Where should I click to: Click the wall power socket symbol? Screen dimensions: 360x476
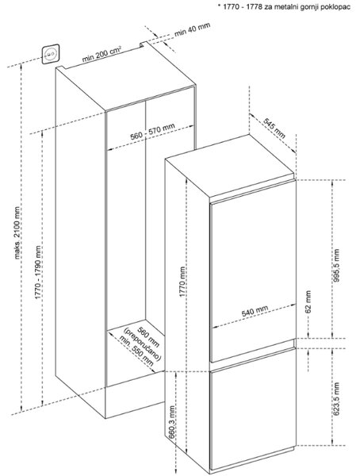point(51,54)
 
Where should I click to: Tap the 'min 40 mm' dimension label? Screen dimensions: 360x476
point(192,30)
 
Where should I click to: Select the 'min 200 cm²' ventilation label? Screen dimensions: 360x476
point(101,54)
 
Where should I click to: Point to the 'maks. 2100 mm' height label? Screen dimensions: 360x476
point(17,233)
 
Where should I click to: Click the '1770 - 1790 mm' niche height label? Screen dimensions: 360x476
point(38,272)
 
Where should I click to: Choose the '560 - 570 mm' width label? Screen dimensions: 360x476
point(153,132)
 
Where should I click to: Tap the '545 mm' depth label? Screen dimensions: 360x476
point(274,128)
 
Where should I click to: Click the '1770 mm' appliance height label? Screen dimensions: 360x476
point(182,282)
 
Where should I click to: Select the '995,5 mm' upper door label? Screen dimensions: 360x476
point(336,266)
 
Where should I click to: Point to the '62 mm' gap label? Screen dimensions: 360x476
point(308,301)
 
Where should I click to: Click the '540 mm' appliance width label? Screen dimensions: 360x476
point(255,310)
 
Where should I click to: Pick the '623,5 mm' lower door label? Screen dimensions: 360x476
point(336,399)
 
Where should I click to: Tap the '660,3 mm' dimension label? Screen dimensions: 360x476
point(172,422)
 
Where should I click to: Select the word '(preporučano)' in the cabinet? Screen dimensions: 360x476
point(142,344)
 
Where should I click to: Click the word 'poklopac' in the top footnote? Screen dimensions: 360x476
point(338,7)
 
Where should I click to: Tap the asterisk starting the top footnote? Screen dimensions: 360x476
point(219,6)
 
